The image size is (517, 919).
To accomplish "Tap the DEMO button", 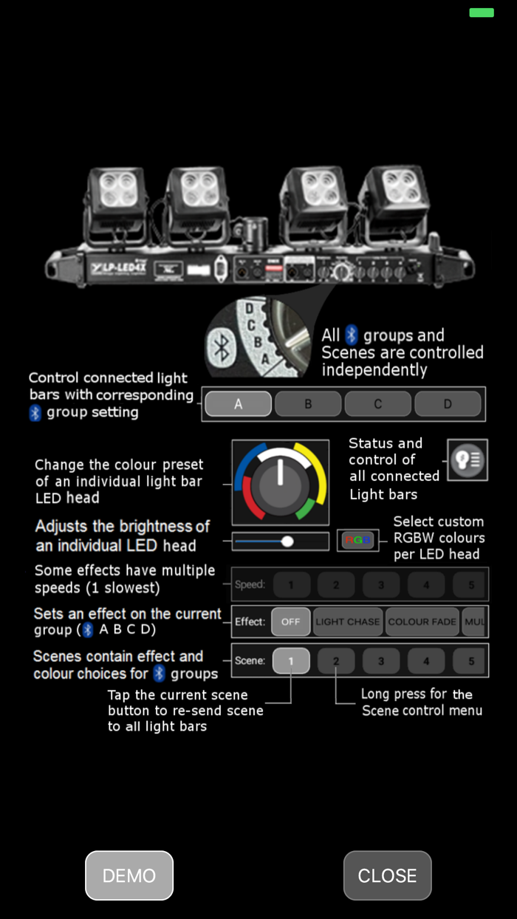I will click(x=129, y=875).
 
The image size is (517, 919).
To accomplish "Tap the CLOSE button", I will click(x=387, y=875).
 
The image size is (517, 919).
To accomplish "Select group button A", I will click(x=238, y=404).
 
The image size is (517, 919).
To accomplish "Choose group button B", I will click(x=308, y=404).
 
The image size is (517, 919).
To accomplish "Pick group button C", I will click(x=377, y=404).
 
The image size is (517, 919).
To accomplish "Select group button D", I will click(x=448, y=404).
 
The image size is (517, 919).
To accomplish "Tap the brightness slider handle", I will click(x=288, y=542).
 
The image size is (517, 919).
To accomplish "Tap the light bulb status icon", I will click(x=467, y=460).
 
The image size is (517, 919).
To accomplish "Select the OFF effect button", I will click(x=291, y=621).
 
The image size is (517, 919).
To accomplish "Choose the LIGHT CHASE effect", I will click(x=348, y=621).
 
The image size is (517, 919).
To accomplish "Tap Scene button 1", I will click(x=291, y=660).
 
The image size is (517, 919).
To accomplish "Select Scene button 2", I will click(x=336, y=660).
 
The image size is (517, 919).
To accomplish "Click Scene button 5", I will click(x=471, y=660).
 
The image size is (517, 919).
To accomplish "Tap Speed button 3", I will click(x=381, y=584).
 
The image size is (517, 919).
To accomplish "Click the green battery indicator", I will click(x=482, y=13).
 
